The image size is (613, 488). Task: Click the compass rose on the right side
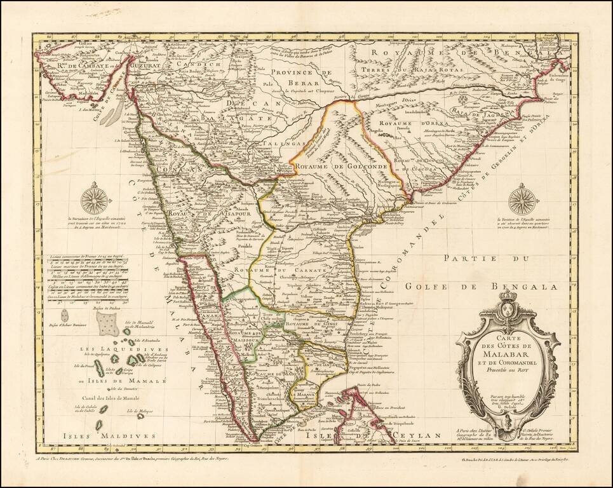(523, 199)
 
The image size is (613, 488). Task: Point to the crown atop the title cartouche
(508, 297)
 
